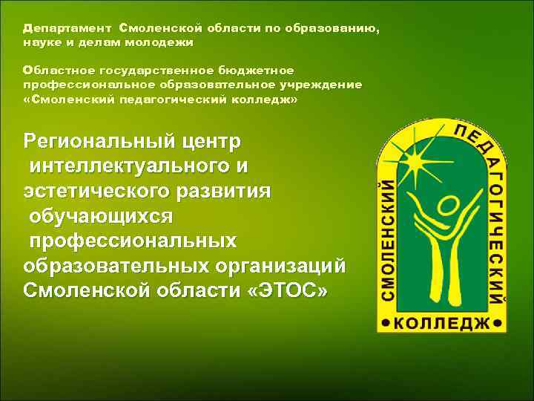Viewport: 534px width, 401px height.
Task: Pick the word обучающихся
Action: [101, 216]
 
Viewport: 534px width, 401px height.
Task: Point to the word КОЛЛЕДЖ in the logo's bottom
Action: [443, 325]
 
